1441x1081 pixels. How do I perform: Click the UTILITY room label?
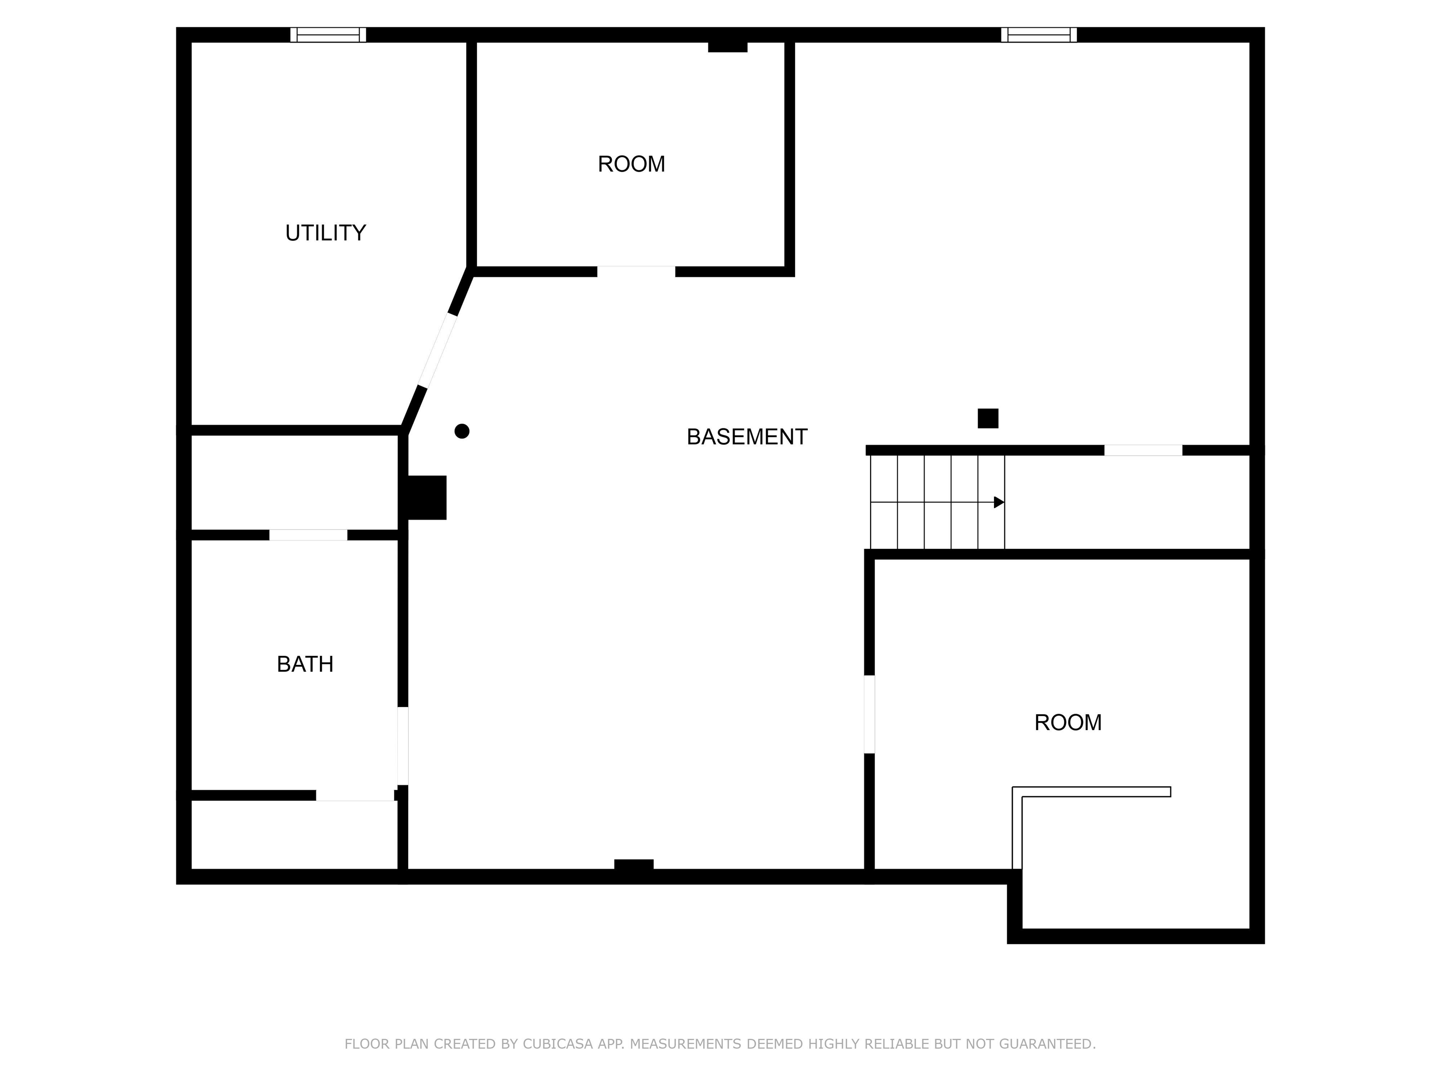coord(325,233)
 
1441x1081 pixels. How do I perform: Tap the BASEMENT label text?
coord(747,436)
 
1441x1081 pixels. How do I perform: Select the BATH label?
coord(305,664)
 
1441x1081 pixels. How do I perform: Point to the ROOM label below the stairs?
coord(1068,722)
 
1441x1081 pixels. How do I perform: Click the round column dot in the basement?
coord(462,431)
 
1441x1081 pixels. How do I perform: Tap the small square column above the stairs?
coord(987,419)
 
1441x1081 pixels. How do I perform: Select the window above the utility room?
coord(328,35)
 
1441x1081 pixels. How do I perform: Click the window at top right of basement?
coord(1039,35)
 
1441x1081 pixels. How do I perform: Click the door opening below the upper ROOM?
coord(636,272)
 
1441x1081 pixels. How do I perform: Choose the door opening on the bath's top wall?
coord(308,535)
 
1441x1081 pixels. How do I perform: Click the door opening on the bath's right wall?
coord(402,746)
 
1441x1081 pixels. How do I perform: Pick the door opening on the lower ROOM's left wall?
coord(869,714)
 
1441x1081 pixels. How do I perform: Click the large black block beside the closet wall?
coord(427,497)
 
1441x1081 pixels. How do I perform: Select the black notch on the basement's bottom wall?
coord(633,865)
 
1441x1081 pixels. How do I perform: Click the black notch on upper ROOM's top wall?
coord(727,47)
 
